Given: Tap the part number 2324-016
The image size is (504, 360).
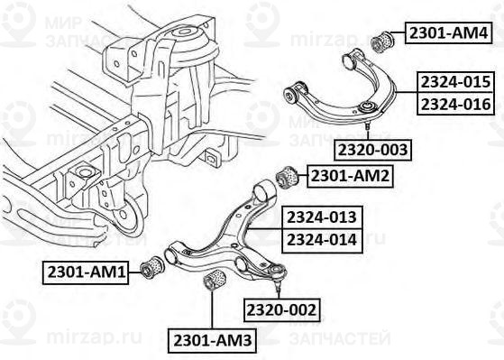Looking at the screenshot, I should pos(455,104).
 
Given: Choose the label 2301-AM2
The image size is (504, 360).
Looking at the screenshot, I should pos(350,175).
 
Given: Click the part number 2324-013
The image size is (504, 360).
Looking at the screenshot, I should pos(322,217).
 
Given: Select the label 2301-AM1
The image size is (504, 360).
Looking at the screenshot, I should pos(87,269).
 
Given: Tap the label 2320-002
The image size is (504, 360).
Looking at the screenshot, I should pos(282,310).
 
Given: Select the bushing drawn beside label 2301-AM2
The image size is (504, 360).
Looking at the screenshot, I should pos(286,175).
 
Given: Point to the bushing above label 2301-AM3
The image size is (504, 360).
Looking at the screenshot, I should pos(215,281).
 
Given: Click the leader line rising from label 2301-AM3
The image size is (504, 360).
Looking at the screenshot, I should pos(211,311).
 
